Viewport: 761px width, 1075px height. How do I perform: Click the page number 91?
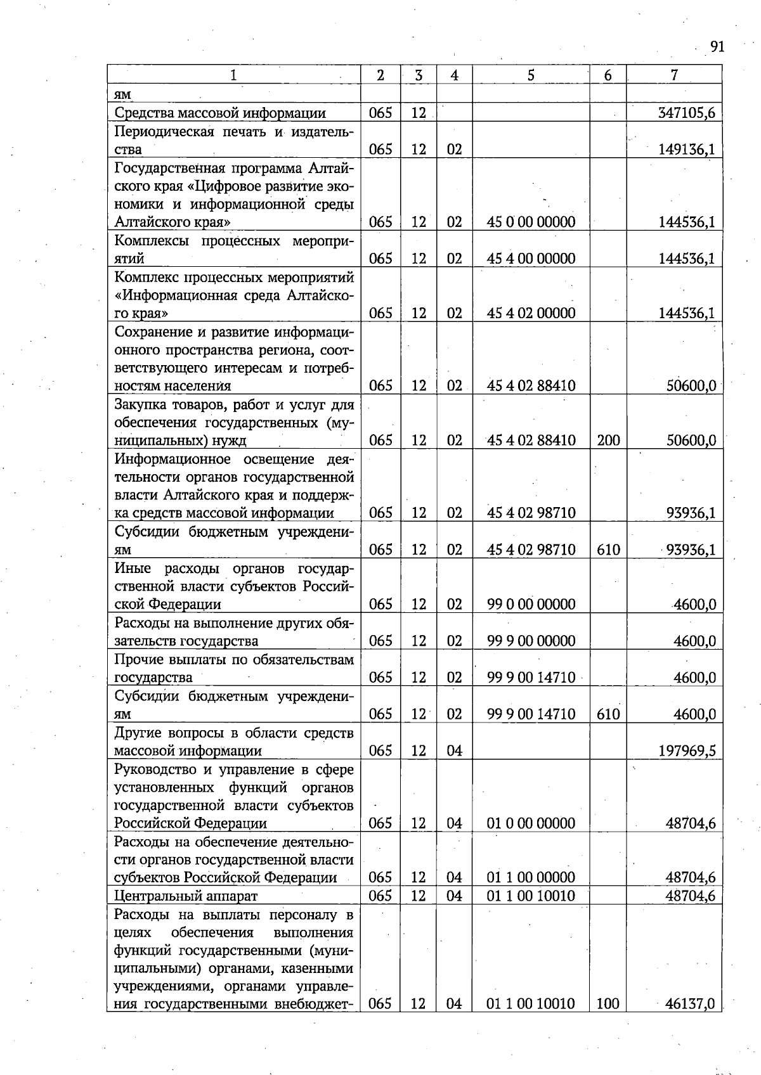click(717, 47)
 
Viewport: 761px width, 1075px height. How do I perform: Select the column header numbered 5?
click(531, 75)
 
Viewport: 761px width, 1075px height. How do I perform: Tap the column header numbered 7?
click(674, 75)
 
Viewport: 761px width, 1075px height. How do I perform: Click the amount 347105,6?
click(687, 113)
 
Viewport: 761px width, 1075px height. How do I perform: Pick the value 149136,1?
click(687, 150)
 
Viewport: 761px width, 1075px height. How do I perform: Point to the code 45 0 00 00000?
click(531, 222)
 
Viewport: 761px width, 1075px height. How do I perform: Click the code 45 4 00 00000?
click(531, 259)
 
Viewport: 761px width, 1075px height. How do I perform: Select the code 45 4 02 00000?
click(531, 313)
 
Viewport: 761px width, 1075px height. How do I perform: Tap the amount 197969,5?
click(687, 751)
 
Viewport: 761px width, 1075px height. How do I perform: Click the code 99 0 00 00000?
click(531, 605)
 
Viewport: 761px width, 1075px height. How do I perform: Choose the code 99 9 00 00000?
click(531, 641)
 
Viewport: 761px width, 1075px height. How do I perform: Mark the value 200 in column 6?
click(608, 441)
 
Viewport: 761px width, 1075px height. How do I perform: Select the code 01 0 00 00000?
click(531, 823)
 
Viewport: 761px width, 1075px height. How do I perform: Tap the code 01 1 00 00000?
click(531, 878)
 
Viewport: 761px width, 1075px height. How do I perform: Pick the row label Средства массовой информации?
click(220, 113)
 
